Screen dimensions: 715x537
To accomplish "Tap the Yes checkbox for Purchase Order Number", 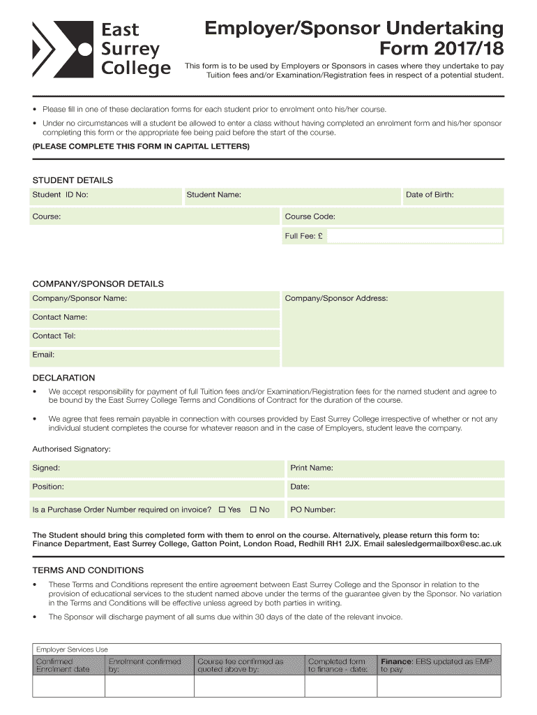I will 222,510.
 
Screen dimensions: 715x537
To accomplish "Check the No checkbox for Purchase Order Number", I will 254,510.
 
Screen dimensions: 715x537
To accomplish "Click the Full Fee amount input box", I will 414,236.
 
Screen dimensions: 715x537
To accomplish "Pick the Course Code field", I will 391,216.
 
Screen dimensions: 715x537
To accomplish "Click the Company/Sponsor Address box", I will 391,329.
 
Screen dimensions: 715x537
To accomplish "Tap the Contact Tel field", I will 154,336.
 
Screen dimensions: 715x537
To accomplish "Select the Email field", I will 154,355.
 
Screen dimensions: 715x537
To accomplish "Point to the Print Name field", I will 395,468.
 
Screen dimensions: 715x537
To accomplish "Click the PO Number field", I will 395,510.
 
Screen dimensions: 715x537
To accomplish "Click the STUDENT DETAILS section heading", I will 73,180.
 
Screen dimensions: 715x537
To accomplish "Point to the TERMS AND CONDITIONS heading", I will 88,570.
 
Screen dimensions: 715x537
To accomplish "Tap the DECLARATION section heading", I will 63,378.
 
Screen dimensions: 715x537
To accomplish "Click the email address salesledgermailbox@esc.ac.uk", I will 444,543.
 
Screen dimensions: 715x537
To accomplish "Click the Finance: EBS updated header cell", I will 439,665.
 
